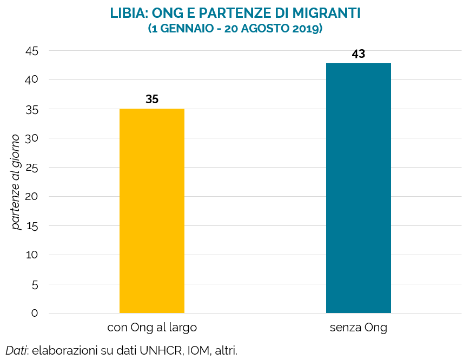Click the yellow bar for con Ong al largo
tap(152, 211)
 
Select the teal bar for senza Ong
tap(358, 188)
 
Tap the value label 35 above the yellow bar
tap(152, 99)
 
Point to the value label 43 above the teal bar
tap(358, 54)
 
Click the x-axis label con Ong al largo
tap(152, 328)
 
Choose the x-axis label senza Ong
tap(358, 328)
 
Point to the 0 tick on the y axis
tap(35, 314)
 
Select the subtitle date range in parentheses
tap(235, 29)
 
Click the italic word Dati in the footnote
tap(16, 350)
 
